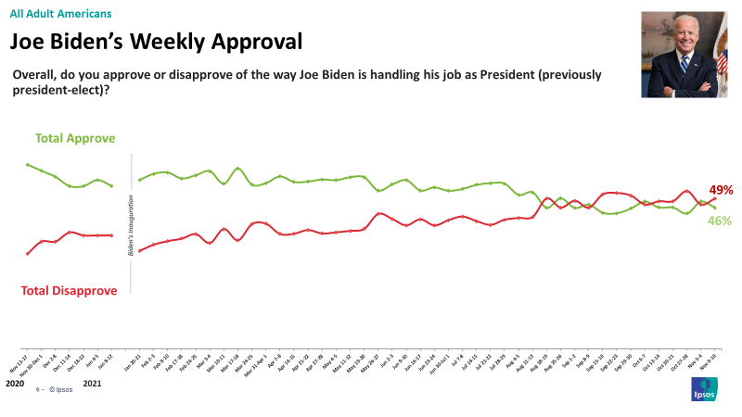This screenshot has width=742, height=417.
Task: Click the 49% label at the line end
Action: click(x=721, y=189)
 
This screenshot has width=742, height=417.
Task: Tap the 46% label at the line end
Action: click(x=721, y=221)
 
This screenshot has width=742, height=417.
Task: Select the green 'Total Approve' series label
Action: click(x=75, y=138)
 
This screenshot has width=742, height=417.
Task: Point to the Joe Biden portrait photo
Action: click(x=684, y=55)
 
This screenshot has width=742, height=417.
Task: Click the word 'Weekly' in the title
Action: click(x=172, y=42)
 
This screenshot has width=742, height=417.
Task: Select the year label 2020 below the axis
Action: click(x=15, y=382)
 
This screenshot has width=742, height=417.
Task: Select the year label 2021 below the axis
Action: click(x=93, y=382)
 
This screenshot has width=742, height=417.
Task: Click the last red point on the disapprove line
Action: click(x=714, y=197)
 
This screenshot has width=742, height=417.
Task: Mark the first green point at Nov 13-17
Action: click(x=28, y=165)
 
